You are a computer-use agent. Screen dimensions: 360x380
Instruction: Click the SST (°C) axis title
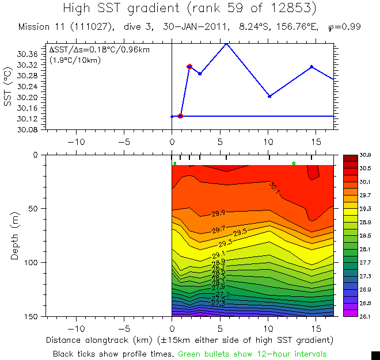7,86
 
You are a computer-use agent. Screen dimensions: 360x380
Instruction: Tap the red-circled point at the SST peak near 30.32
189,67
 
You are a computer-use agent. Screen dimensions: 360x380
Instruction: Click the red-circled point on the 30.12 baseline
180,116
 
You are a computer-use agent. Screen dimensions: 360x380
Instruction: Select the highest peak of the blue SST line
226,43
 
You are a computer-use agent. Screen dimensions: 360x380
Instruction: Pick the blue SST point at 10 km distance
269,96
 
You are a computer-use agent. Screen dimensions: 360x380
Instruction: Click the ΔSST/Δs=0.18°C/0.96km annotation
100,50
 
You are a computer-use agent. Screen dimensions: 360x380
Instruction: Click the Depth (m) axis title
15,235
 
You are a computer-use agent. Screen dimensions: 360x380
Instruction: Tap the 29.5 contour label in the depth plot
241,232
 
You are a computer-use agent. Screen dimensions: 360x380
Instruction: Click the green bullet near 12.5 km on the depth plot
294,163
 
